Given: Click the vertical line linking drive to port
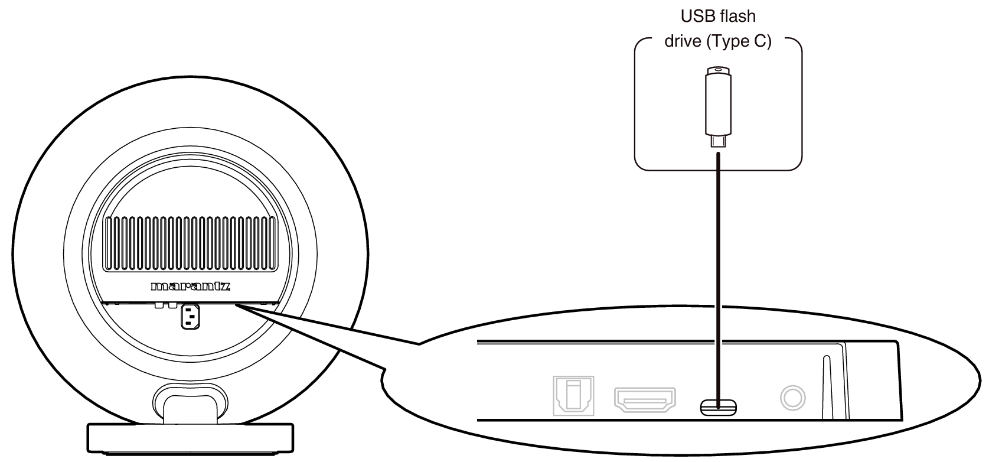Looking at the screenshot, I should pos(718,266).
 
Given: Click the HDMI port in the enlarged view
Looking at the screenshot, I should pos(645,399).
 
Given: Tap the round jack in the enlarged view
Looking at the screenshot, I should pos(792,398).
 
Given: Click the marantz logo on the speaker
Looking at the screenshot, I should pos(190,288).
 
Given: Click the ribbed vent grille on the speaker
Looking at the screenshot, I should pos(190,242).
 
